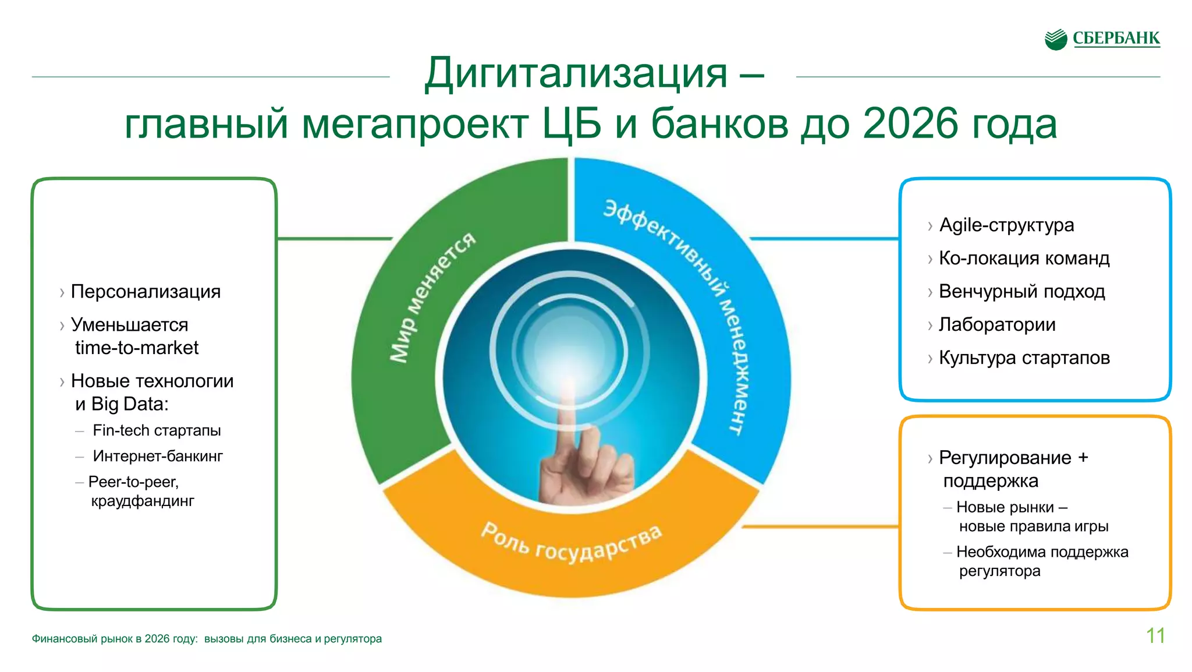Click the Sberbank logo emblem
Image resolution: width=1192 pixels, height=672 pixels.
point(1055,39)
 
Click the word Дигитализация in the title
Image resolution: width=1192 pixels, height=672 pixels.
point(576,73)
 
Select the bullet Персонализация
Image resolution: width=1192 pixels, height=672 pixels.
point(146,291)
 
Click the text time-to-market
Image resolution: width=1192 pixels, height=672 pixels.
point(137,348)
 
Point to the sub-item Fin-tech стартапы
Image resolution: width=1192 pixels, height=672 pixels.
point(157,430)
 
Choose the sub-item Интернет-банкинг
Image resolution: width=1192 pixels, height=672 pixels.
point(158,456)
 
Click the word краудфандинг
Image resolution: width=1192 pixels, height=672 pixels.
point(143,501)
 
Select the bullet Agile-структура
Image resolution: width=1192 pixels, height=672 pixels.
point(1006,225)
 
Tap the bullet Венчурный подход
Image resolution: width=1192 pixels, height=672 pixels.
point(1021,291)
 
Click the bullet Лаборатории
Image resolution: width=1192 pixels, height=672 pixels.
point(997,324)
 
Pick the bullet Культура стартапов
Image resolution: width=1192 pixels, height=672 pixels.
point(1024,358)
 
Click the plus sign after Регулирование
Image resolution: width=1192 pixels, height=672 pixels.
point(1083,458)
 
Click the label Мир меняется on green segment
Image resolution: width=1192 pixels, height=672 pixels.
point(432,297)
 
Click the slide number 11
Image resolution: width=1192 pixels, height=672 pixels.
point(1155,635)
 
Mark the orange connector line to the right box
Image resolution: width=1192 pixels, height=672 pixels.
point(821,526)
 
